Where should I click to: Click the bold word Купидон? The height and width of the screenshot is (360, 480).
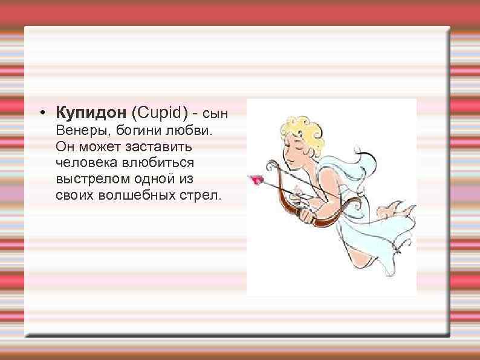[x=91, y=113]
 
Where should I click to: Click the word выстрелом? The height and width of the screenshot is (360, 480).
[x=85, y=180]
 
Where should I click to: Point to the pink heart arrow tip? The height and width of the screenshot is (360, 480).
[x=256, y=178]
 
